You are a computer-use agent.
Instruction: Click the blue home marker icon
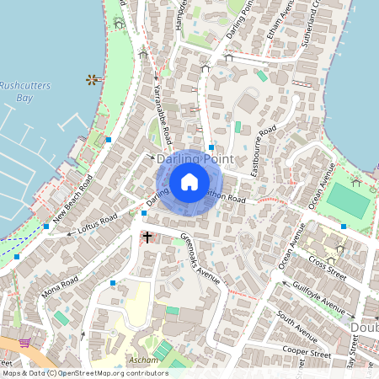point(189,182)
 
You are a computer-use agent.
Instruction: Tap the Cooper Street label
point(306,353)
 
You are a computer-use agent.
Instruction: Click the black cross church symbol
point(147,238)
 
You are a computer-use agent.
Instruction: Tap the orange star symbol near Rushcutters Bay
point(91,80)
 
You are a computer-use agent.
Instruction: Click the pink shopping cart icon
point(25,344)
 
